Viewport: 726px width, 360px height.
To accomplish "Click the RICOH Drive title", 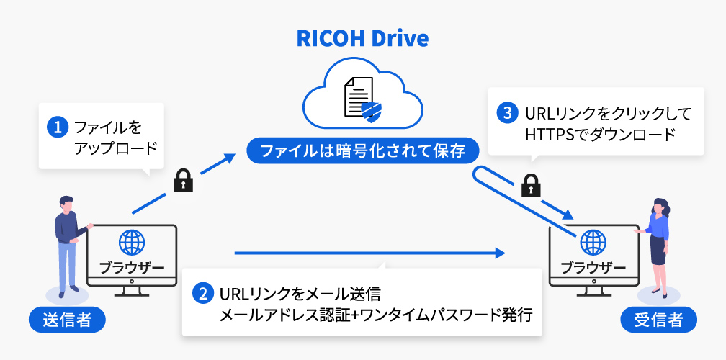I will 362,37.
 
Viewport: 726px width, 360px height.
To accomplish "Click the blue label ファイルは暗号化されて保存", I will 362,151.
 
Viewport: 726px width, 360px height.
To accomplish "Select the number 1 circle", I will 57,128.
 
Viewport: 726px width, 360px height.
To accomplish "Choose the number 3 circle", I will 508,114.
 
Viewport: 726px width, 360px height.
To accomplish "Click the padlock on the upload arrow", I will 184,180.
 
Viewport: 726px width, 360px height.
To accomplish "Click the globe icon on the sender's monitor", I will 131,243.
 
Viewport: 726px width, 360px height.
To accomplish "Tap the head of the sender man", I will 66,204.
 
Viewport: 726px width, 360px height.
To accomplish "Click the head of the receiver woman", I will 659,207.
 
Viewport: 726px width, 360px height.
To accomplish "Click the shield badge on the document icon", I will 371,110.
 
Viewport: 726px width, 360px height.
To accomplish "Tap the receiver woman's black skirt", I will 658,252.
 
